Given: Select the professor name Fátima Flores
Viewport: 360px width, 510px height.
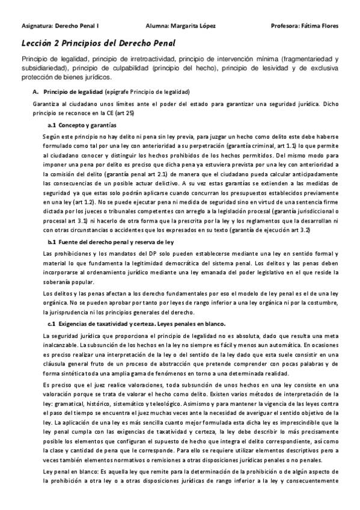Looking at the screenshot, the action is point(317,26).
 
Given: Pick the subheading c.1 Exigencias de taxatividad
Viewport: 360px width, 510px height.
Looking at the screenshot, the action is point(102,325).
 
